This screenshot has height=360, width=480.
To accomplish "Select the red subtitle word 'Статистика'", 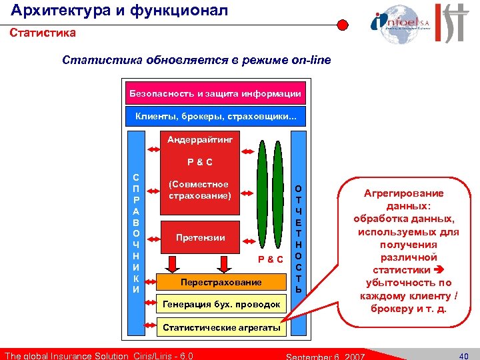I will click(x=43, y=33).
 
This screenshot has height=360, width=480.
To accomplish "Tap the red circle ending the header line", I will click(x=342, y=25).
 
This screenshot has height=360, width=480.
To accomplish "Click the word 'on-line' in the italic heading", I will click(x=307, y=60).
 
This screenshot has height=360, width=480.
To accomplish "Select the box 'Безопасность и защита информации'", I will click(x=215, y=93).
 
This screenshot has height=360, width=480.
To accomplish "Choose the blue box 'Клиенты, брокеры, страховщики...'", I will click(x=215, y=117).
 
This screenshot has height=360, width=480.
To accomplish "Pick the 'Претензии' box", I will click(x=200, y=237).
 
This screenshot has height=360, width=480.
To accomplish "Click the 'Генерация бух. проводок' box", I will click(x=221, y=305).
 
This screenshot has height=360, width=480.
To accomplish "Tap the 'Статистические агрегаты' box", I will click(x=221, y=327).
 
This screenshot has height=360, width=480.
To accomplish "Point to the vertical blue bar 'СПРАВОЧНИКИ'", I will click(x=136, y=233).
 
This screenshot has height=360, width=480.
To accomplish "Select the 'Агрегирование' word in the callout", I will click(x=403, y=193).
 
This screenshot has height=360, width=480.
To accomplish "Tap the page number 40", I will click(x=465, y=355).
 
